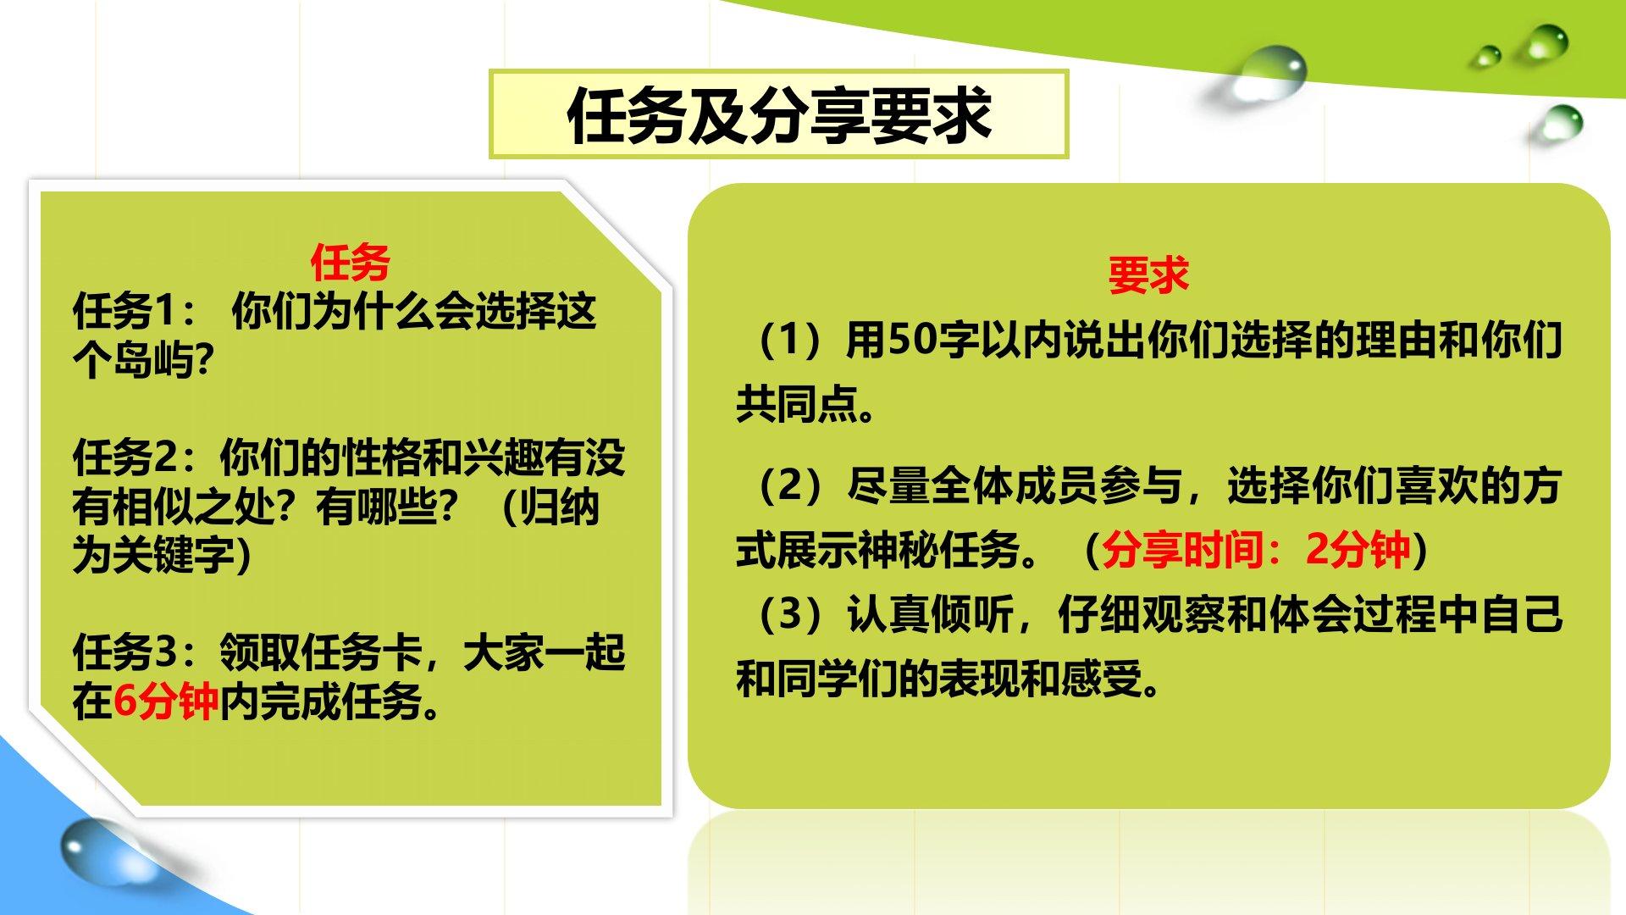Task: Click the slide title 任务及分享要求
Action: coord(779,115)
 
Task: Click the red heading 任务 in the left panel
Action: coord(350,262)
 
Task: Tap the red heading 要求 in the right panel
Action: coord(1148,275)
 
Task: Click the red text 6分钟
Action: coord(166,701)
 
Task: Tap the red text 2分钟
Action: coord(1358,549)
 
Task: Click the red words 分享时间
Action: coord(1184,549)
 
